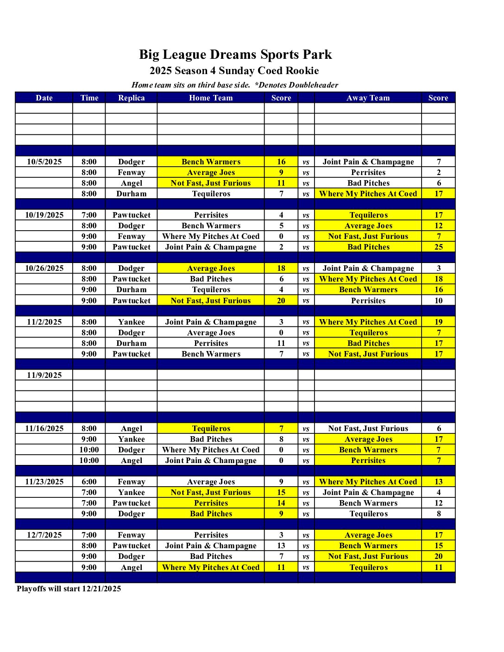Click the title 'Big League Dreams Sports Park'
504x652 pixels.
click(235, 55)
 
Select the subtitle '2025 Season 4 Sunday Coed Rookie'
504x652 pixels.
click(234, 71)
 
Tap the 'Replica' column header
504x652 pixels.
click(131, 98)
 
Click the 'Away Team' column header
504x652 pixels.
click(368, 98)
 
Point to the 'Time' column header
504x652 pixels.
click(89, 98)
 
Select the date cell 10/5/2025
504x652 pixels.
click(44, 162)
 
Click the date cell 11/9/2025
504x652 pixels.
click(44, 375)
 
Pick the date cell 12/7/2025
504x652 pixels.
click(44, 535)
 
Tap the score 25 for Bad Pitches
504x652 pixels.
click(438, 247)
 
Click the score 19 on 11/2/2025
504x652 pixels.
click(438, 322)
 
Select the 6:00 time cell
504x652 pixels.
click(89, 482)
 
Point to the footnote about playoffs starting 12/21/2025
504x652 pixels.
click(69, 589)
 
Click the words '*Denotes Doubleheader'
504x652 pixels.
click(296, 85)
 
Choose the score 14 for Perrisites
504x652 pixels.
click(281, 503)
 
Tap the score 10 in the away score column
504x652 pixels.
click(438, 301)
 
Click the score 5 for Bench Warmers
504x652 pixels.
click(281, 226)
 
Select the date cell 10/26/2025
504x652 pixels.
click(44, 268)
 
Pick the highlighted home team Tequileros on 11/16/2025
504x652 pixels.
click(211, 428)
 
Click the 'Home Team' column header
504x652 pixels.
click(211, 98)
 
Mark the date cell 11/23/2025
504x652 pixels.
click(44, 482)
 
